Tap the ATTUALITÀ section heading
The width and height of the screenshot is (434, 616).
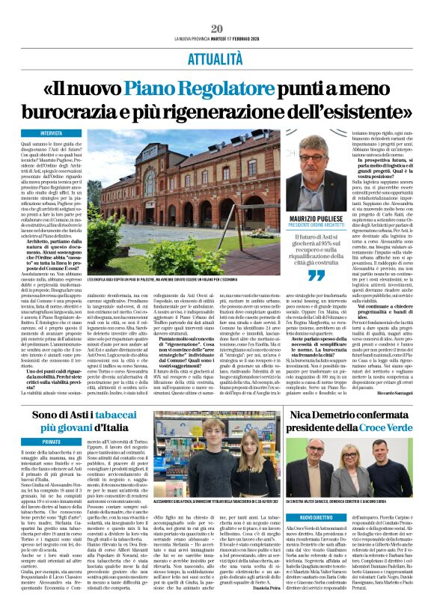[217, 57]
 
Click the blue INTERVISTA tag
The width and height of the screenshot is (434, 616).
[52, 132]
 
